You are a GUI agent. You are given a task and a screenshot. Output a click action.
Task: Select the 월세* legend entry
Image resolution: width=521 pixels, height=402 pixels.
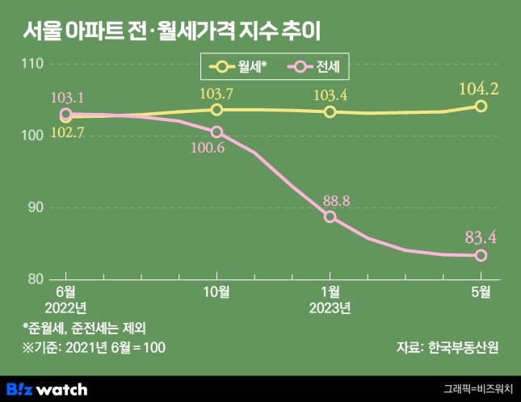[x=237, y=70]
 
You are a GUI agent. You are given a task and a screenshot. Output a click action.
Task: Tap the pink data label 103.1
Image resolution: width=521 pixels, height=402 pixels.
[x=67, y=98]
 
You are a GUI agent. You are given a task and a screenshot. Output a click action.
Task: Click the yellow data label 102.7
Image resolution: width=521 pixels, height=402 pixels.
[x=67, y=132]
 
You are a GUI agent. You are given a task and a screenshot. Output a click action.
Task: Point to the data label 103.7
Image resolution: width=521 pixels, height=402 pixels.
[x=216, y=93]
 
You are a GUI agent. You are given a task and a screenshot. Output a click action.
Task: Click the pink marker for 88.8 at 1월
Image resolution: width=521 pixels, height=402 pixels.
[x=330, y=216]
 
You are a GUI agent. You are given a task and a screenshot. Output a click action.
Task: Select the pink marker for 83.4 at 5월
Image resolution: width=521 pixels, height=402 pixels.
[x=481, y=255]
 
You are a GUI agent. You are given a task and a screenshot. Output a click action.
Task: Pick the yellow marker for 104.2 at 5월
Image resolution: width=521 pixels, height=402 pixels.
[x=481, y=106]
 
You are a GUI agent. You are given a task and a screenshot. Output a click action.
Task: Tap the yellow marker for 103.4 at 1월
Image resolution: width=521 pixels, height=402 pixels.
[x=330, y=111]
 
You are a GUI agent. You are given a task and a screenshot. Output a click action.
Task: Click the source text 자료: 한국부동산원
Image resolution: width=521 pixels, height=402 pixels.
[x=447, y=347]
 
